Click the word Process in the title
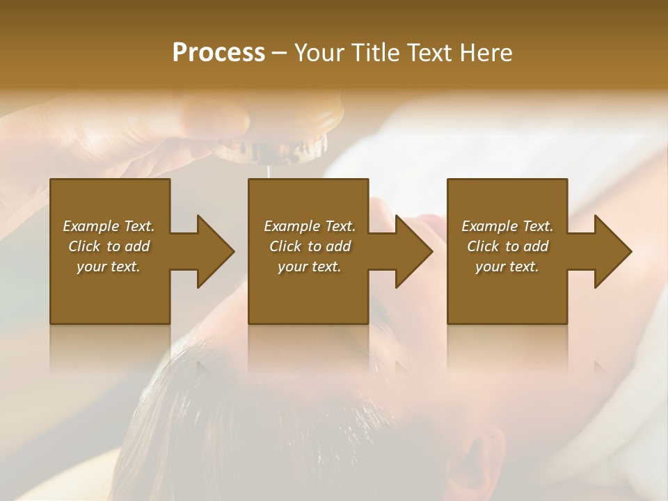pos(218,53)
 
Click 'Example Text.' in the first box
pos(109,226)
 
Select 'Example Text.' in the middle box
pos(310,226)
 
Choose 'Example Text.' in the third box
pos(507,226)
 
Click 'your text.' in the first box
pos(109,267)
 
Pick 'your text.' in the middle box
pos(310,267)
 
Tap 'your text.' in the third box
pos(507,267)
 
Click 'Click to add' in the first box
pos(109,246)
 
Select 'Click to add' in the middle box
pos(310,246)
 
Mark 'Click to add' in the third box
pos(507,246)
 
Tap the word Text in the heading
pos(431,53)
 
